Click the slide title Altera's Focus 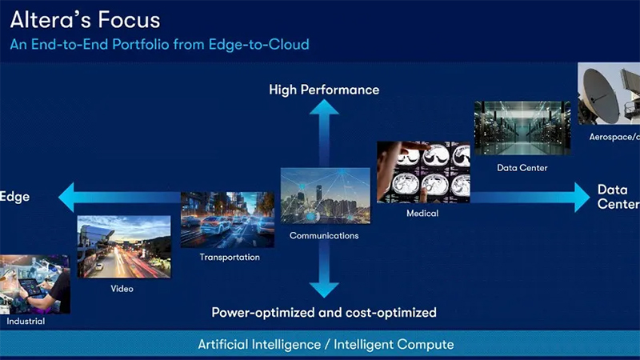85,19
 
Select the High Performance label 324,90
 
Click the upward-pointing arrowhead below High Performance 324,107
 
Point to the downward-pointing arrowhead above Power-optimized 324,290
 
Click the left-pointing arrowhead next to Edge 66,197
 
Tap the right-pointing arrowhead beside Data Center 582,197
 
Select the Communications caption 324,235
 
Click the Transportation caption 230,257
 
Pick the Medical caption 422,213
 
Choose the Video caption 122,289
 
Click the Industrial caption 26,322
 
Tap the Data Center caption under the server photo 522,168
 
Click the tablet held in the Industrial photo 31,286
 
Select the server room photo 522,128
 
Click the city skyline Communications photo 326,195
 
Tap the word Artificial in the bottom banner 222,344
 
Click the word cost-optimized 391,313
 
